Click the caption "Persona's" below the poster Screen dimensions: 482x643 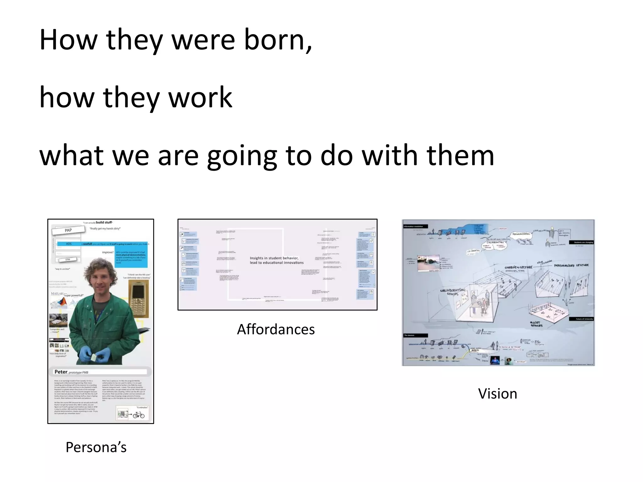(x=96, y=447)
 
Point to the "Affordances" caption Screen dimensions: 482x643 (x=276, y=329)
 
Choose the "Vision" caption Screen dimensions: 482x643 (x=497, y=394)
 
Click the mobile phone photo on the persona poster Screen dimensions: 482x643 (x=138, y=299)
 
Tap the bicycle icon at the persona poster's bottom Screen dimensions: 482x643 (x=138, y=415)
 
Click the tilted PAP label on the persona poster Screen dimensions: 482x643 (x=68, y=230)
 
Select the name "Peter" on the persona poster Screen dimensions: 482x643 (x=61, y=372)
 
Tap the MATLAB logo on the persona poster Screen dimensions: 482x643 (x=57, y=294)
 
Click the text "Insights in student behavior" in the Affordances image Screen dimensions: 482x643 (x=274, y=258)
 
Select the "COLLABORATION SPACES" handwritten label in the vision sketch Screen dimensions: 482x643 (x=452, y=292)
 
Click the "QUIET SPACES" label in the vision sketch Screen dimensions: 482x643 (x=536, y=324)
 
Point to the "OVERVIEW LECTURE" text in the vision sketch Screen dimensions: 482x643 (x=518, y=267)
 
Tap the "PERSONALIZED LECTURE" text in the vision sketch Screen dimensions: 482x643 (x=571, y=265)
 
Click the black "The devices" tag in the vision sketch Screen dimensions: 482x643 (x=415, y=335)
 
